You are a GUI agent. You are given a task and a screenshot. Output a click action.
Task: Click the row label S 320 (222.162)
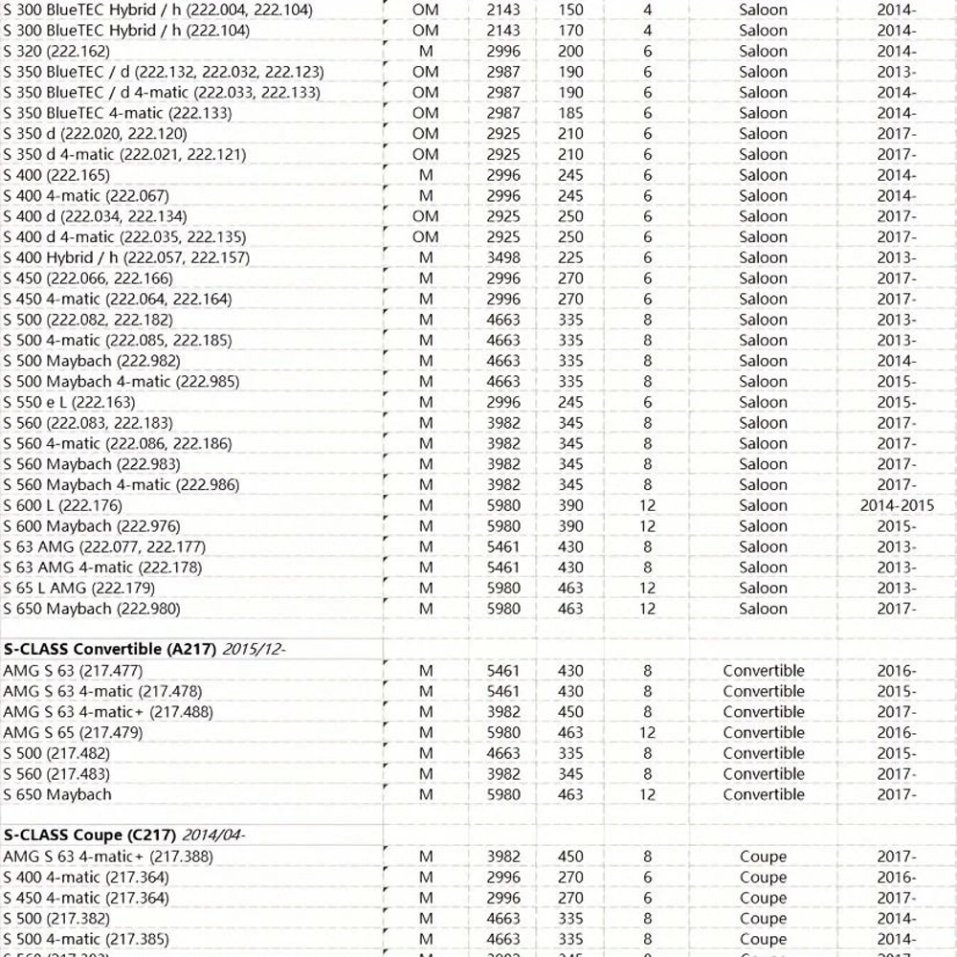(x=56, y=52)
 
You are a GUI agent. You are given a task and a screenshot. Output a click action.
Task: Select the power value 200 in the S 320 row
(x=570, y=52)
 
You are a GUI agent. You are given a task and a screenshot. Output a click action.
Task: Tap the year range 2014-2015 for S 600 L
(x=897, y=505)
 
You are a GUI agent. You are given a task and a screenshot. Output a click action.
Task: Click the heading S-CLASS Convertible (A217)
(x=110, y=649)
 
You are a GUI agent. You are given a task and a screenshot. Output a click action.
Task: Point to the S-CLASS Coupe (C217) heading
(x=90, y=835)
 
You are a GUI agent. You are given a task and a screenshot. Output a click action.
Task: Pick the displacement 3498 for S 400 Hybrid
(x=503, y=257)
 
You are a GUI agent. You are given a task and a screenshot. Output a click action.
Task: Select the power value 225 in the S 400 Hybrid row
(x=570, y=257)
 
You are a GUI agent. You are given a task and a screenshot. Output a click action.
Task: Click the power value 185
(x=570, y=113)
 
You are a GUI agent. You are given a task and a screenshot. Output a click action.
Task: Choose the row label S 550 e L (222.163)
(x=69, y=402)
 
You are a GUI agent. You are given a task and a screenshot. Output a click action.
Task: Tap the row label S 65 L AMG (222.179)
(x=78, y=588)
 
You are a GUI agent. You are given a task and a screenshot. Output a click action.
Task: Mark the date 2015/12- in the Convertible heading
(x=255, y=649)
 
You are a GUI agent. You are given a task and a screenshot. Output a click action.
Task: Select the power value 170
(x=570, y=31)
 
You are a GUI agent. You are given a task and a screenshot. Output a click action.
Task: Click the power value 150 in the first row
(x=570, y=10)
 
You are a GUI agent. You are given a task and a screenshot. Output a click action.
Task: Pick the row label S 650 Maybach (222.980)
(x=91, y=609)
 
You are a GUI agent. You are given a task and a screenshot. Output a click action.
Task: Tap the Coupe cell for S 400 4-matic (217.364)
(x=763, y=878)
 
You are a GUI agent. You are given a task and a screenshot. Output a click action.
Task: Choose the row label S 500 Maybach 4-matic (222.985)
(x=122, y=382)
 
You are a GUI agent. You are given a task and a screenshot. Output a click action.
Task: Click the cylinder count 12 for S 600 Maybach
(x=648, y=526)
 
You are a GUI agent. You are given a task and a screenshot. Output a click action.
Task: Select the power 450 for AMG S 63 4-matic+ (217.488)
(x=570, y=712)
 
